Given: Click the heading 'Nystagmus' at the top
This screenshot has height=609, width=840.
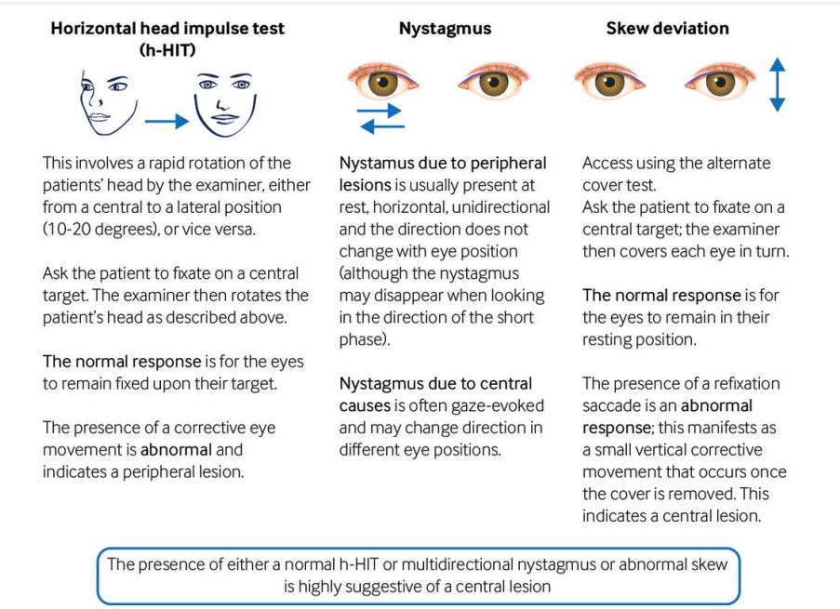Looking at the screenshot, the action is (x=445, y=29).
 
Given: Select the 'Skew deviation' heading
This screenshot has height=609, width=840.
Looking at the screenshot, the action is (x=667, y=28).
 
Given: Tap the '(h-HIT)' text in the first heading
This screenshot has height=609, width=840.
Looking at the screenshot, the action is (x=167, y=50).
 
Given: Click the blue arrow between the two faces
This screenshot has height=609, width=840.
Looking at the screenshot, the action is (x=167, y=122).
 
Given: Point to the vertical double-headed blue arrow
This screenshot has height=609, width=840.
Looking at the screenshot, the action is (x=777, y=85).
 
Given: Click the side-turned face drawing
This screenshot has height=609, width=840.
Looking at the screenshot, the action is (x=108, y=104).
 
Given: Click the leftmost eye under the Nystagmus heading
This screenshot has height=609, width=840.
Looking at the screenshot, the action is (x=382, y=81).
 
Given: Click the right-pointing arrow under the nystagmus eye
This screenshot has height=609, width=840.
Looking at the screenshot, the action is (x=379, y=111).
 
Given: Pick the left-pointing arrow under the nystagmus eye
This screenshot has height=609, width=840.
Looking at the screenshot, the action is (x=382, y=126).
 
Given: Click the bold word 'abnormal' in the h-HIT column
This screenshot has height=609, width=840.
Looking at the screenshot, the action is (x=176, y=449).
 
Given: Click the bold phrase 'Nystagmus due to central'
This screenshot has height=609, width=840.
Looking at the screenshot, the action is (x=435, y=383).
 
